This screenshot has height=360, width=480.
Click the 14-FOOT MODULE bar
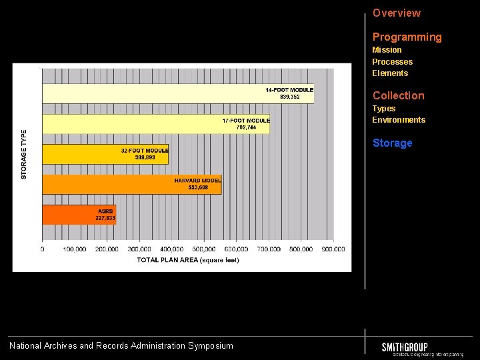[x=177, y=93]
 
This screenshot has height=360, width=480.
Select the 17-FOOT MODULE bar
[x=156, y=124]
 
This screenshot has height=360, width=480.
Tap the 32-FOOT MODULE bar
[x=105, y=154]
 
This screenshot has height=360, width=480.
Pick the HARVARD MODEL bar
[x=131, y=185]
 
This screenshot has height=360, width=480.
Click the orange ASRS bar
[x=79, y=215]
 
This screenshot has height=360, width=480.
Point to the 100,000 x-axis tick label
[x=75, y=249]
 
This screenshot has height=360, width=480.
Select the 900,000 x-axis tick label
[x=333, y=249]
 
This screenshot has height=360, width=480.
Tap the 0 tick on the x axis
[x=43, y=249]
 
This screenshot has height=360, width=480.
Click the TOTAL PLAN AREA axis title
[x=188, y=260]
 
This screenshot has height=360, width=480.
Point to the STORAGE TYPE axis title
[x=25, y=154]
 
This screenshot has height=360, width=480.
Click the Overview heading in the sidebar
[x=396, y=13]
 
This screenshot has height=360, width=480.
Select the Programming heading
[x=407, y=37]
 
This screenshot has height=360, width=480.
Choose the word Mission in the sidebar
[x=387, y=50]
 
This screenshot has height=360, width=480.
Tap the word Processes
[x=392, y=62]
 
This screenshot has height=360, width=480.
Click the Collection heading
[x=398, y=95]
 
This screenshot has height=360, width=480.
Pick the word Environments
[x=398, y=120]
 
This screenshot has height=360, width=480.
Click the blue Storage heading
[x=392, y=143]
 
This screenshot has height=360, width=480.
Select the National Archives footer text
[x=121, y=345]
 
